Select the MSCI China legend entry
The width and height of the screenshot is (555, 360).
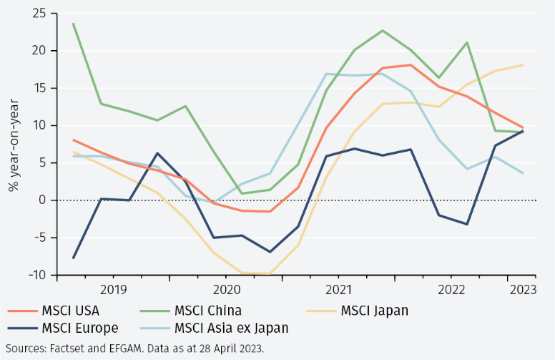tap(208, 311)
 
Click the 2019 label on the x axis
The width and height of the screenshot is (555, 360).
tap(114, 290)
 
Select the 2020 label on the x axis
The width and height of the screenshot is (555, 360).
tap(227, 290)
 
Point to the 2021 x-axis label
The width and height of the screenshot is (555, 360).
tap(339, 290)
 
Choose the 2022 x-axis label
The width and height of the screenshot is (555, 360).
tap(451, 290)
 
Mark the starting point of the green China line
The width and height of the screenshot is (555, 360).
tap(73, 24)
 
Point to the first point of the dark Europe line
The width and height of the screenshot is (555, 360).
tap(73, 258)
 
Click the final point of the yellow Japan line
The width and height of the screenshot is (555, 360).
tap(522, 65)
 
